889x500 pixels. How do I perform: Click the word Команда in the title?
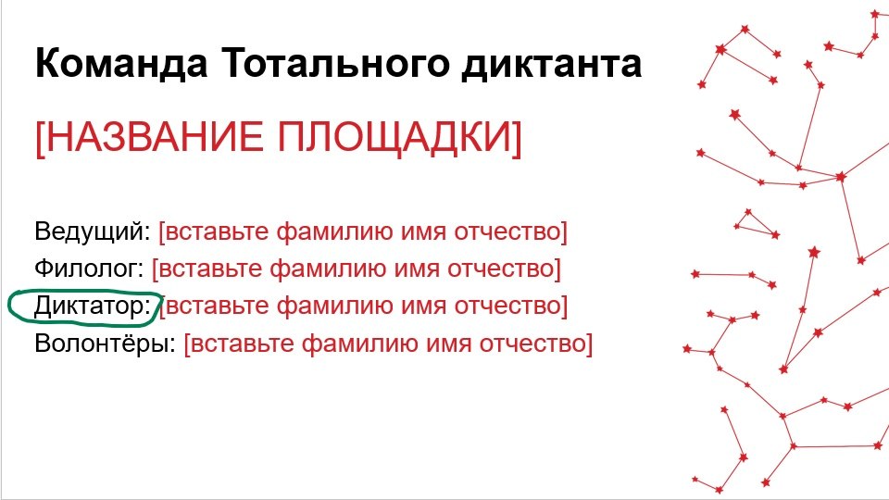point(121,63)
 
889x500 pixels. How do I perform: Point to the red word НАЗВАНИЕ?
point(150,137)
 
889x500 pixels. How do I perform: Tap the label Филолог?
point(89,269)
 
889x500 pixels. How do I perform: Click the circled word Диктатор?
point(92,306)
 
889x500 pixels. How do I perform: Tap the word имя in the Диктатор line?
point(423,307)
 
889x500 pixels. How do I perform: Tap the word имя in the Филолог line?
point(417,269)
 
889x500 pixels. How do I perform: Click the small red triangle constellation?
point(755,224)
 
